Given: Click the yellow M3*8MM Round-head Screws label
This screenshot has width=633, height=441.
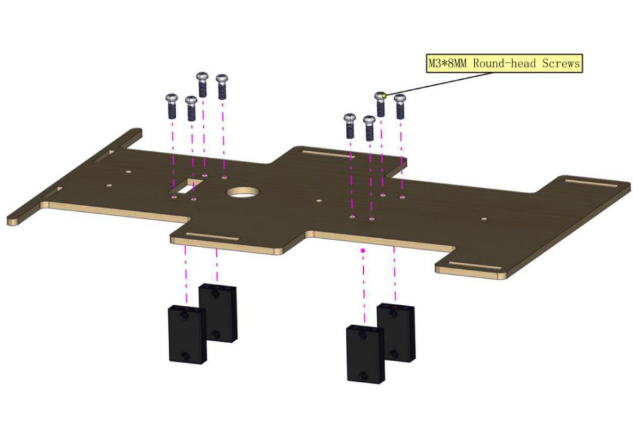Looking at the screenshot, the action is (x=504, y=63).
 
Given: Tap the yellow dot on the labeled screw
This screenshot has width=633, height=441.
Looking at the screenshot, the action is (x=384, y=96).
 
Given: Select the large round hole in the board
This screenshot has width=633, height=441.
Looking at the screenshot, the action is (x=243, y=192).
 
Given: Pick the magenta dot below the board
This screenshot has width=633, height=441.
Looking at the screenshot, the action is (x=363, y=250).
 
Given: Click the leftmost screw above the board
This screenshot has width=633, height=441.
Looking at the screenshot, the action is (x=172, y=106).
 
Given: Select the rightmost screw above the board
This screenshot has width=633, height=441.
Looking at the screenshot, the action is (x=400, y=106).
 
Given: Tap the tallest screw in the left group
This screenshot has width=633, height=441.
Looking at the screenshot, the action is (x=202, y=85).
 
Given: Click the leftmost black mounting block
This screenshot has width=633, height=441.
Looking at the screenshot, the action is (x=187, y=335).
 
